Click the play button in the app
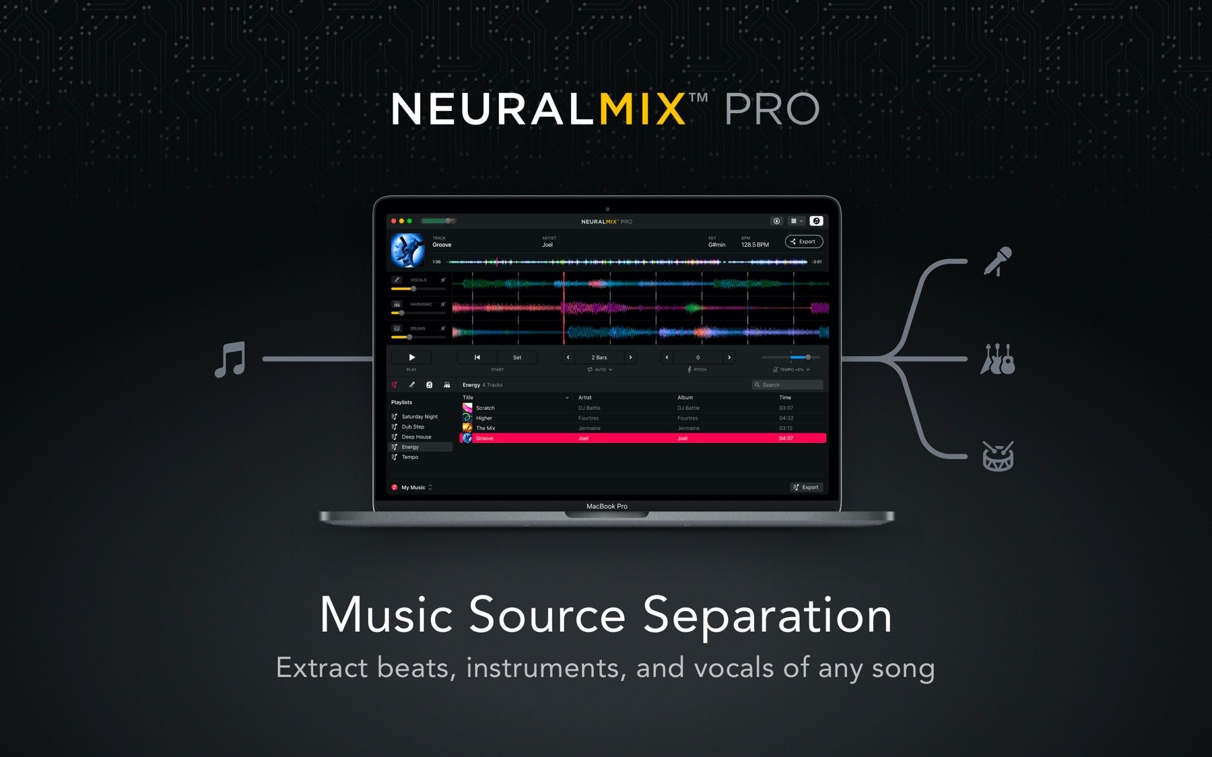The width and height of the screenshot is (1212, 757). [411, 357]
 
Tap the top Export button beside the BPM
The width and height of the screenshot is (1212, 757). [803, 242]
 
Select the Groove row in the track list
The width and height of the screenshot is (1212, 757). [642, 438]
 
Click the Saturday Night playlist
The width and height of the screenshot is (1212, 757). [419, 417]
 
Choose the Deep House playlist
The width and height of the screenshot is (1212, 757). [416, 437]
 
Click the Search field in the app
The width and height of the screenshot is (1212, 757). [787, 385]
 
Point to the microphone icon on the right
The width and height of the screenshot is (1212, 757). [997, 261]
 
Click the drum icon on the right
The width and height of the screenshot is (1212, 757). [997, 456]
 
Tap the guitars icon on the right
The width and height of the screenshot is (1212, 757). [997, 359]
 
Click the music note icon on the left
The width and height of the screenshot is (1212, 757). [230, 359]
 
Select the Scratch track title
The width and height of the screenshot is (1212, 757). [485, 408]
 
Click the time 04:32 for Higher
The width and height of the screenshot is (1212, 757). [786, 418]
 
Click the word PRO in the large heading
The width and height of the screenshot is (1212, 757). [772, 109]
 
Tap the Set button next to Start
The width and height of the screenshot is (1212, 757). [516, 357]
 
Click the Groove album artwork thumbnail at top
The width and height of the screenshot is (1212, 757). [408, 250]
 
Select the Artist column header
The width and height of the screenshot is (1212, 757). [584, 398]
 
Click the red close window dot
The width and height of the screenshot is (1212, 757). [394, 221]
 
